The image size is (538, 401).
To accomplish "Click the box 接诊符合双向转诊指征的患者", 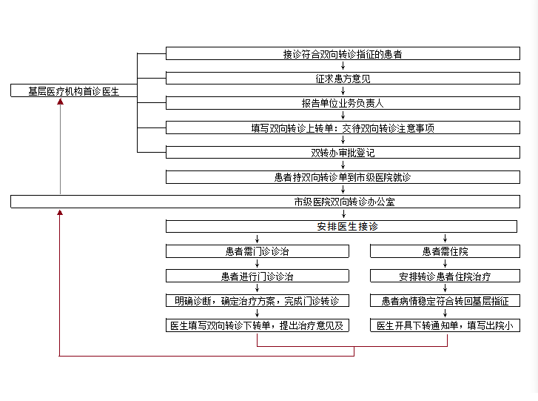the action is [343, 53].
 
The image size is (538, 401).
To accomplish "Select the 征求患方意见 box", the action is [343, 79].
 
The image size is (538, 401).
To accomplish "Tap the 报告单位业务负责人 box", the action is [343, 103].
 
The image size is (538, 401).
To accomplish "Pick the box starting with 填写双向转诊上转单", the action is [343, 127].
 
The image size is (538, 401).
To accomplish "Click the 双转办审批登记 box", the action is [343, 152].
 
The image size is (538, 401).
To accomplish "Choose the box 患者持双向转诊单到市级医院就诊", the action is [343, 177].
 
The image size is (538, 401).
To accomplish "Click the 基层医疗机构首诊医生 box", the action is [74, 90].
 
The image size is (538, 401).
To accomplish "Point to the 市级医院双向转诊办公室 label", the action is [345, 202].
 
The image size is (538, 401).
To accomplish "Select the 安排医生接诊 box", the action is [341, 227].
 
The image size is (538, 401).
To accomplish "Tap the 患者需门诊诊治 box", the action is [258, 251].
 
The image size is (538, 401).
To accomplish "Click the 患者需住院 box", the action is [445, 251].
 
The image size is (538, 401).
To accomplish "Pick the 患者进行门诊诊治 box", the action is [258, 276].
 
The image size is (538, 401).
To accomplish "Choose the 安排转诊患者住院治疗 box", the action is [445, 276].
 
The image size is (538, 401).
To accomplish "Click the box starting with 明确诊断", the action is [258, 301].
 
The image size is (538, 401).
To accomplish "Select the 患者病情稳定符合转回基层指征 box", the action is [445, 301].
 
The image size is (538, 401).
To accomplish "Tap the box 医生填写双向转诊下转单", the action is [258, 325].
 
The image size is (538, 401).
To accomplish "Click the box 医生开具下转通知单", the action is [445, 325].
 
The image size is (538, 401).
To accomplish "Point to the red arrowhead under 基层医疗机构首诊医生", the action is [61, 102].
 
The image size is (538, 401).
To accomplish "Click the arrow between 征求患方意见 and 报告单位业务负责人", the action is [343, 90].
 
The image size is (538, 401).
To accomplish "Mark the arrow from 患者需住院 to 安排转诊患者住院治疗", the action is [445, 264].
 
